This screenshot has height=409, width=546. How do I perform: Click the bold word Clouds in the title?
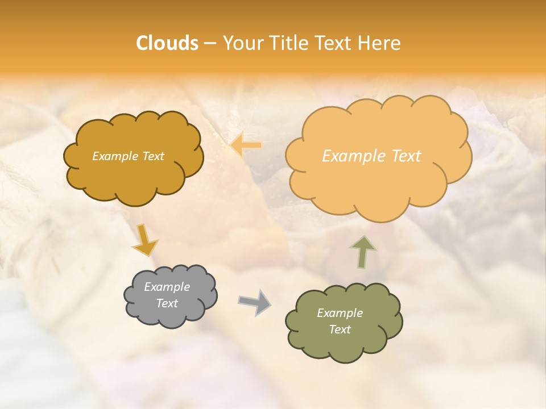click(x=167, y=43)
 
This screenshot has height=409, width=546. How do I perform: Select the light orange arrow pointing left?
click(x=246, y=145)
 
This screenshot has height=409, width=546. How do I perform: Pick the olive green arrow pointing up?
click(x=363, y=252)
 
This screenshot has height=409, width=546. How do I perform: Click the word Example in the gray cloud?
click(x=167, y=287)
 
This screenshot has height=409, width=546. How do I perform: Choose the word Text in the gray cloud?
click(x=167, y=303)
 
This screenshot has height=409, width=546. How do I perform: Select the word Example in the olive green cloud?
click(x=340, y=313)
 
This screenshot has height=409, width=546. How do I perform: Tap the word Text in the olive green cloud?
click(x=340, y=329)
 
